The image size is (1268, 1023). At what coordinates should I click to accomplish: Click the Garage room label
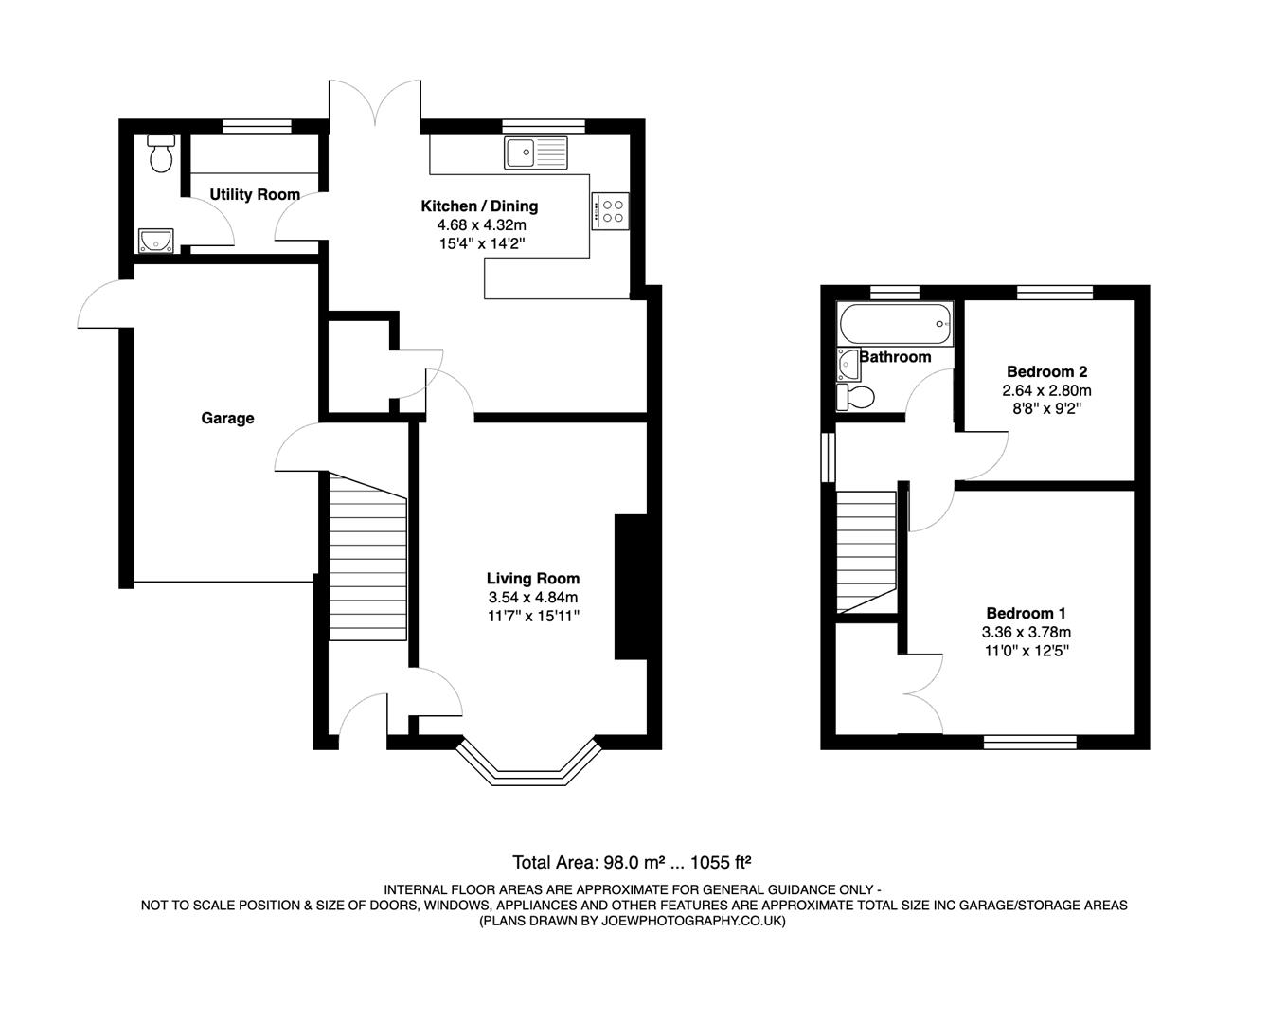[227, 418]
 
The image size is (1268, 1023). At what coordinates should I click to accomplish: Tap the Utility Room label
[255, 194]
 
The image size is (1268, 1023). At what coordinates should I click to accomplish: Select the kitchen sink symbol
[535, 153]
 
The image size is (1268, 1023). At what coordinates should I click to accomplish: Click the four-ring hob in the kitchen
[611, 210]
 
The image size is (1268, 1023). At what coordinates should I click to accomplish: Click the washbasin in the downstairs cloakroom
[153, 240]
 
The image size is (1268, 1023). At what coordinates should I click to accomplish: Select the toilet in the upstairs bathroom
[854, 396]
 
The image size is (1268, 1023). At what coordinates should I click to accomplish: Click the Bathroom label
[895, 357]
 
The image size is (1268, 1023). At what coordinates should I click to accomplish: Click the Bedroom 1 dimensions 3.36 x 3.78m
[1027, 632]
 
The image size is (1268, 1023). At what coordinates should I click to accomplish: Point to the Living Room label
[533, 578]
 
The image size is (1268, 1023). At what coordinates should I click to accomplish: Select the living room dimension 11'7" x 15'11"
[533, 616]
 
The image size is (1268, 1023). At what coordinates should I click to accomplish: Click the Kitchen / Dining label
[479, 206]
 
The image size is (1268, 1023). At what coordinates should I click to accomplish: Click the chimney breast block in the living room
[630, 586]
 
